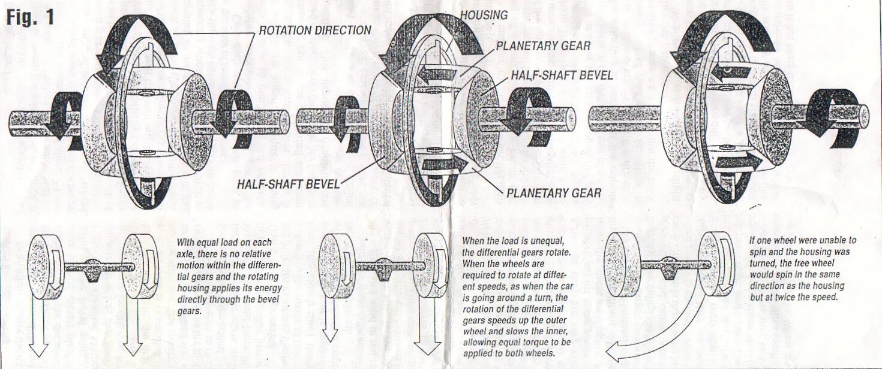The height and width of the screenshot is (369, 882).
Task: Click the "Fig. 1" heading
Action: click(31, 18)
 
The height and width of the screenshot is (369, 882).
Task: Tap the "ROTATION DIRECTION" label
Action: click(315, 30)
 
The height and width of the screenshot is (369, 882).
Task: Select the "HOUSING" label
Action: click(484, 16)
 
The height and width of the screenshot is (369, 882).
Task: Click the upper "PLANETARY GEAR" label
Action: click(543, 46)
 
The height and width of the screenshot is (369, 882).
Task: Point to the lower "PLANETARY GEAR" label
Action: click(554, 193)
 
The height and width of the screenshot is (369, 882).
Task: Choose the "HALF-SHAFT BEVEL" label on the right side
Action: click(562, 75)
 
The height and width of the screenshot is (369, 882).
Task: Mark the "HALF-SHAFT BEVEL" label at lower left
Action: click(288, 183)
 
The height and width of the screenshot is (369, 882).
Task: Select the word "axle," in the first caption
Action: click(189, 254)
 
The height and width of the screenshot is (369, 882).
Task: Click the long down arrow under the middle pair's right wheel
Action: click(427, 326)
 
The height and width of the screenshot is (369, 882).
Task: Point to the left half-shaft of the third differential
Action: click(624, 118)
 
